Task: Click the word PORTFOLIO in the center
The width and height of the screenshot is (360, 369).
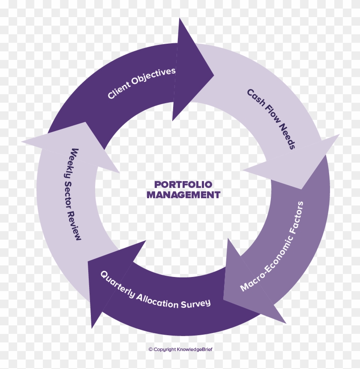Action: pyautogui.click(x=183, y=184)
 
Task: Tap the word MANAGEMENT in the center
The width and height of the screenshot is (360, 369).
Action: pyautogui.click(x=183, y=195)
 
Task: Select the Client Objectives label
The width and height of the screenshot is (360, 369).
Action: pyautogui.click(x=141, y=83)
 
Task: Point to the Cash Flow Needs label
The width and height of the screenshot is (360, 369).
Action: pyautogui.click(x=271, y=119)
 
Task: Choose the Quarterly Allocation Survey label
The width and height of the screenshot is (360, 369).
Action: pyautogui.click(x=155, y=292)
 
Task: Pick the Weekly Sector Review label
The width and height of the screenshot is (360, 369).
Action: pyautogui.click(x=72, y=194)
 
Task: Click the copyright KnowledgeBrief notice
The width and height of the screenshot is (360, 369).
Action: pyautogui.click(x=180, y=349)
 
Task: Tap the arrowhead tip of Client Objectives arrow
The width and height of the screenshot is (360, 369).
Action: pyautogui.click(x=214, y=75)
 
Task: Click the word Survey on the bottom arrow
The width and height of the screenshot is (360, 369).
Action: pyautogui.click(x=195, y=304)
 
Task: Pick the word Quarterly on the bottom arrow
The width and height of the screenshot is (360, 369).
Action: pyautogui.click(x=117, y=283)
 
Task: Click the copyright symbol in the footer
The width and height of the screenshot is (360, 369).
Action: pyautogui.click(x=150, y=349)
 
